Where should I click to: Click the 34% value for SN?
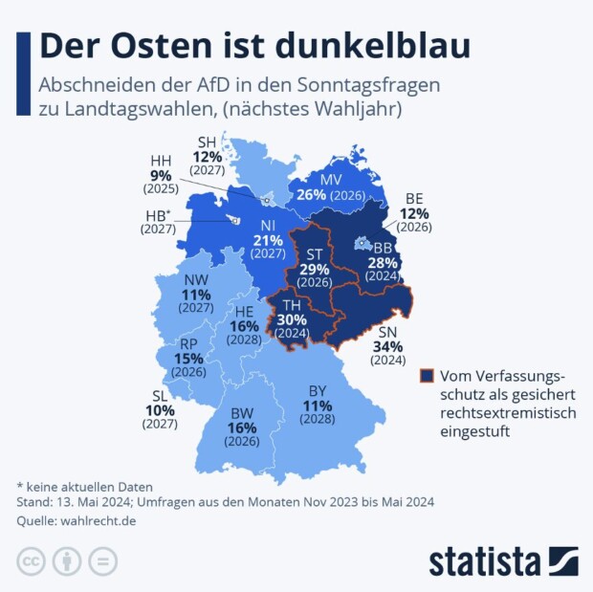(x=389, y=346)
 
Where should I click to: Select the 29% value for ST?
(x=315, y=271)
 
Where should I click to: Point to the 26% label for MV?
(x=312, y=194)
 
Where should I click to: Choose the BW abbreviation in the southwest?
(x=241, y=413)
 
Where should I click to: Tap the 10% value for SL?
(x=160, y=410)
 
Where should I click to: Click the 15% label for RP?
(x=188, y=359)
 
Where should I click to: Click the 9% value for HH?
(x=161, y=176)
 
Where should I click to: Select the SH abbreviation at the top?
(x=207, y=142)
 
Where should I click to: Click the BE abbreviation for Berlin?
(x=414, y=198)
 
